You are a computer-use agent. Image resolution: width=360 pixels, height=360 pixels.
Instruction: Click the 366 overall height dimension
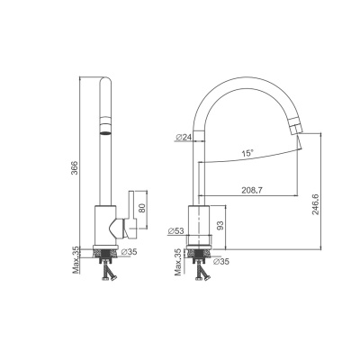(x=75, y=168)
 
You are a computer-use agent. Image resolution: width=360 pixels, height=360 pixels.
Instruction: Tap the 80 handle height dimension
(x=142, y=208)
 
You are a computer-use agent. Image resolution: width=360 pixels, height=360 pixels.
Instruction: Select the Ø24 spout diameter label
(x=184, y=137)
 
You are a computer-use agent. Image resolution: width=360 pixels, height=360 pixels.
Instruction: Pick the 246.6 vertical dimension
(x=315, y=204)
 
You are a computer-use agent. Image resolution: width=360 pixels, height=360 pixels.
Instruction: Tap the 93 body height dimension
(x=220, y=226)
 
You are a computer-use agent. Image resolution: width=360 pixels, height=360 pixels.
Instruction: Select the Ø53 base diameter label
(x=175, y=230)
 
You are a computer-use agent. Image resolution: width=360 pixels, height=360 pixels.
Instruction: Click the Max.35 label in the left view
(x=76, y=260)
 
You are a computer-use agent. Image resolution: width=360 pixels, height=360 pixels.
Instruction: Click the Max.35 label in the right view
(x=178, y=262)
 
